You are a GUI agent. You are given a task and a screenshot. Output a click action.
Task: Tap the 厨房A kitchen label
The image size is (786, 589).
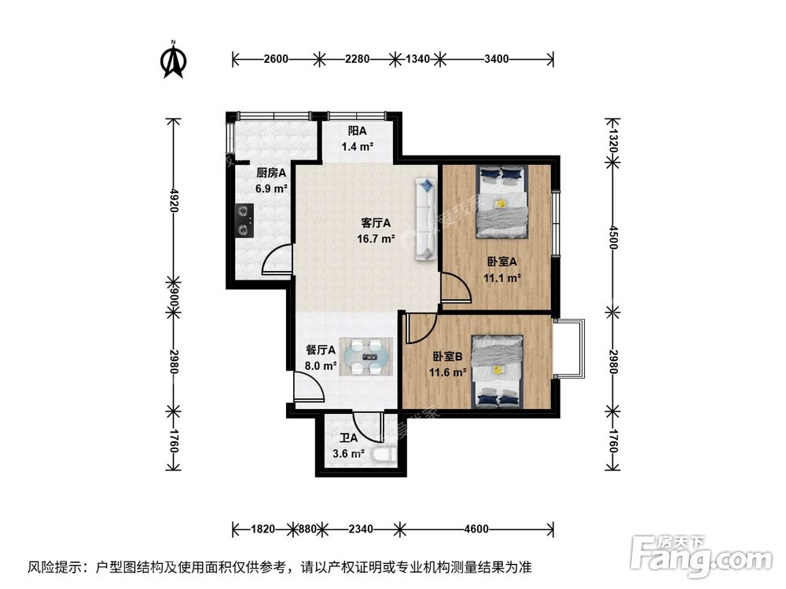[x=271, y=172]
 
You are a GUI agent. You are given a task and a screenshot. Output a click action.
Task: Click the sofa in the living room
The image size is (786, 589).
[x=425, y=218]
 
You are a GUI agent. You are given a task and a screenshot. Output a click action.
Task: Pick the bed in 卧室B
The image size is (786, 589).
[x=498, y=371]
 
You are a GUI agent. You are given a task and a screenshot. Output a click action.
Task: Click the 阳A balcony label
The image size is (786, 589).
[x=357, y=131]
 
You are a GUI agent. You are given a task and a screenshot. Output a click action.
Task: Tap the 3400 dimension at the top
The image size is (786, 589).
[x=497, y=58]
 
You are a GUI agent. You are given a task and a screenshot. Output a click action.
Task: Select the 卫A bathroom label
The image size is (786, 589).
[x=347, y=439]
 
